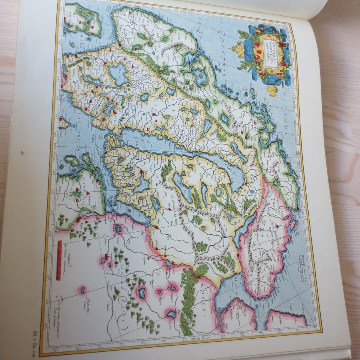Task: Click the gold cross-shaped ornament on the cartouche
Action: [273, 90]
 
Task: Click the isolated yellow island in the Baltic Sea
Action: [64, 123]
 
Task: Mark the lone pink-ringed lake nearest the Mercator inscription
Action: [82, 289]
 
